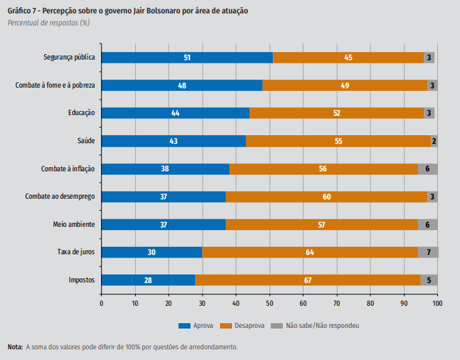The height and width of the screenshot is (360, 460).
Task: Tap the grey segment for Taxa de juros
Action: tap(428, 252)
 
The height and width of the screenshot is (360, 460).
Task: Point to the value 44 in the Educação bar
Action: tap(175, 113)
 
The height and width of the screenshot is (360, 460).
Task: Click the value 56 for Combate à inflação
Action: tap(323, 169)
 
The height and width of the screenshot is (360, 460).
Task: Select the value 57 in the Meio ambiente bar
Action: tap(322, 224)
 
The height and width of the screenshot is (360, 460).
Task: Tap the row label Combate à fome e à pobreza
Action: tap(55, 86)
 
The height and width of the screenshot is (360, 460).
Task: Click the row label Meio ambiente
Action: tap(74, 224)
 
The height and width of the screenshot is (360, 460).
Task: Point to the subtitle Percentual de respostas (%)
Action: tap(48, 23)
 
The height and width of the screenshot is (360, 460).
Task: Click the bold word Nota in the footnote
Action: tap(15, 347)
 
